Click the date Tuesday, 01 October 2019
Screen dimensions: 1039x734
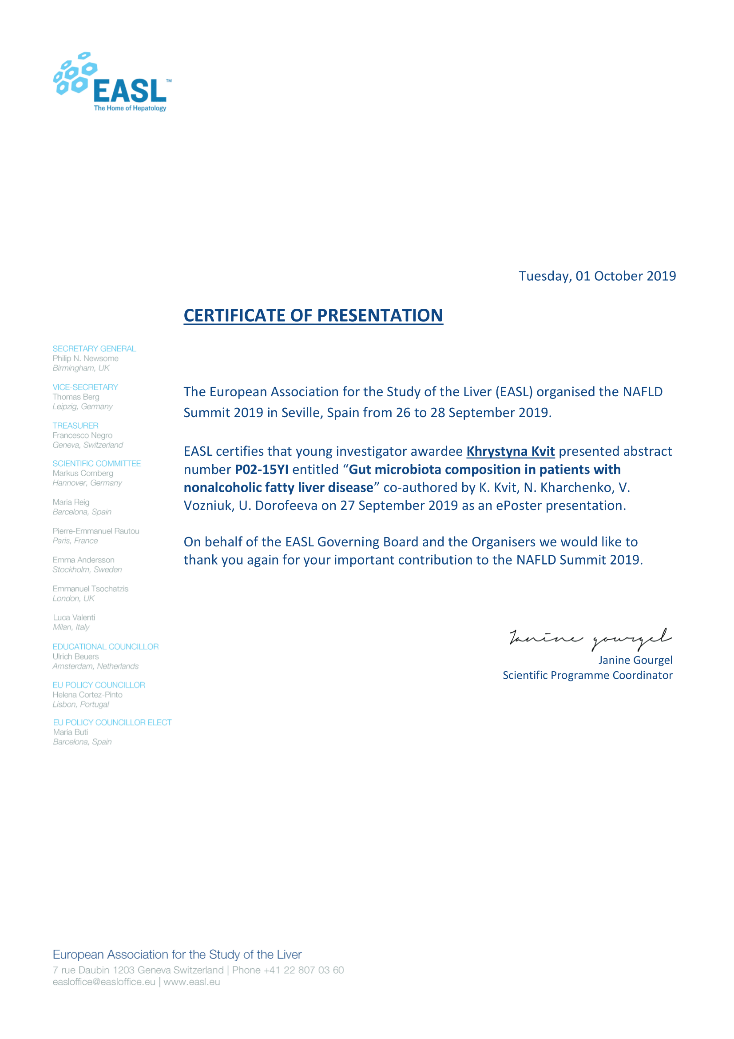tap(596, 276)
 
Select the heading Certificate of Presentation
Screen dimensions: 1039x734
tap(313, 315)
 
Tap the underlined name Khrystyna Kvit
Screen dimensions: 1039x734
tap(510, 451)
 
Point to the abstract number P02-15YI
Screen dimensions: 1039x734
tap(262, 469)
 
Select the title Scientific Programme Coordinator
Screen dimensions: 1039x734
tap(587, 675)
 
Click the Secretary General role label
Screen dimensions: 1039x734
tap(94, 348)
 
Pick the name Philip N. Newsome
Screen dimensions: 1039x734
tap(85, 358)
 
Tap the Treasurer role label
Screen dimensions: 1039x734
tap(75, 426)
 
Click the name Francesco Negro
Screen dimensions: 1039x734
tap(82, 435)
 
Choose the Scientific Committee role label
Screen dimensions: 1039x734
tap(96, 463)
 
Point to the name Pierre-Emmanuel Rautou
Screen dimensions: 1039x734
tap(96, 531)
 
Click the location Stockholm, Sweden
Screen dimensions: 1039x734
tap(87, 569)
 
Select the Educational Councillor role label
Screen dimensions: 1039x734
tap(105, 647)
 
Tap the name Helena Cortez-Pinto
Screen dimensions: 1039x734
tap(87, 695)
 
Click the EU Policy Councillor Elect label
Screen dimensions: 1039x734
tap(112, 722)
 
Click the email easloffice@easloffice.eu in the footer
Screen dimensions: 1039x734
tap(103, 982)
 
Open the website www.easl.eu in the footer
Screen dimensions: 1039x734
tap(192, 982)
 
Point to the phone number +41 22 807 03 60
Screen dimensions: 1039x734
tap(303, 970)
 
